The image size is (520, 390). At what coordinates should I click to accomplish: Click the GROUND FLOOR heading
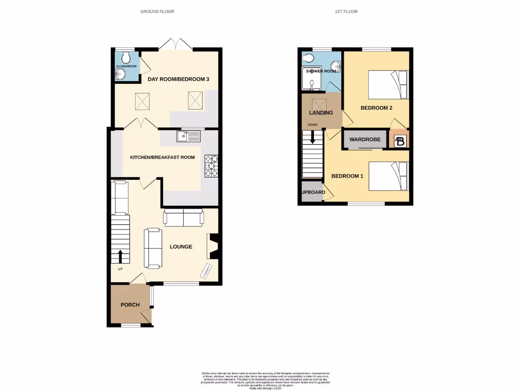[x=157, y=11]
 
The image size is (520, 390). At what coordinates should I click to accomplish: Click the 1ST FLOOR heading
[x=346, y=11]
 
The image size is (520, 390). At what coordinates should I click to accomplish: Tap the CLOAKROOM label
[x=126, y=66]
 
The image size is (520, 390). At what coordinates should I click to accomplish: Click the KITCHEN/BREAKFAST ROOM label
[x=162, y=157]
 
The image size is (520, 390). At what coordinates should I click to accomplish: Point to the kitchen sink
[x=188, y=136]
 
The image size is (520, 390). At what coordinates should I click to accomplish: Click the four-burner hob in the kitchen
[x=211, y=166]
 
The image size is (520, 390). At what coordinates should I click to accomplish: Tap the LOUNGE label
[x=181, y=247]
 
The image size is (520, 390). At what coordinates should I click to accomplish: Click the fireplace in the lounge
[x=212, y=246]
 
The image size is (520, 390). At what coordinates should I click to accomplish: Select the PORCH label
[x=129, y=305]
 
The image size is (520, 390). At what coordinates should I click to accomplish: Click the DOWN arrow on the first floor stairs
[x=313, y=137]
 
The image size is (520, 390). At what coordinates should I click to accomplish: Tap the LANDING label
[x=321, y=112]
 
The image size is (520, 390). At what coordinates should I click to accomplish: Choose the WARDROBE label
[x=365, y=139]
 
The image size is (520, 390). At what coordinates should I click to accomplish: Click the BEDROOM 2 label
[x=376, y=108]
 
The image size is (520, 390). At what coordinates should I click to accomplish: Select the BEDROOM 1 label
[x=347, y=176]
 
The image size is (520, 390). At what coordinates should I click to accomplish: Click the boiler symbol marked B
[x=400, y=141]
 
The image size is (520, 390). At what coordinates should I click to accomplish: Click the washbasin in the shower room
[x=335, y=65]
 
